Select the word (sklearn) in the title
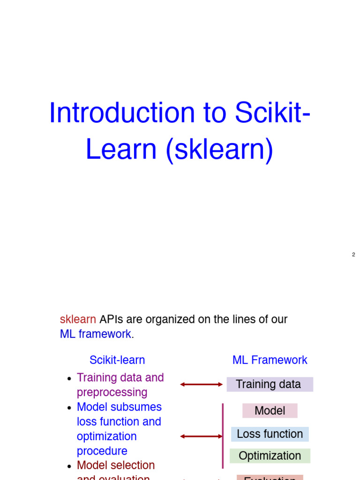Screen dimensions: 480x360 [219, 150]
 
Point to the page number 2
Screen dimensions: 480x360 [353, 255]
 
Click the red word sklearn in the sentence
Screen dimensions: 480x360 [78, 320]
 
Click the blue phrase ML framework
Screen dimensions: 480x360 [96, 334]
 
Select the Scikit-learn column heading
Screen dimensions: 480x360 [117, 360]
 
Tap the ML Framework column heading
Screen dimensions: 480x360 [270, 360]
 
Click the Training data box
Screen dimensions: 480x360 [270, 384]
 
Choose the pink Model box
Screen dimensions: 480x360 [270, 411]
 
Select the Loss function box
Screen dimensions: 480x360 [270, 434]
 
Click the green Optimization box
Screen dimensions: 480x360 [270, 456]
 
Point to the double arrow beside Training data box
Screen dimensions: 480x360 [202, 384]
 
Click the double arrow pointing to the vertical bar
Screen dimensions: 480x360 [202, 436]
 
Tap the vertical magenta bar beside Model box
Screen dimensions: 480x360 [223, 436]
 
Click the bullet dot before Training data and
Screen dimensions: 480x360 [69, 379]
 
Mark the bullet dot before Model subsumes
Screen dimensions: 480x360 [69, 408]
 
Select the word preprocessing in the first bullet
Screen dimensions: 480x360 [112, 392]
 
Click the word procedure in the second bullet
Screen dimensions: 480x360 [102, 451]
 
